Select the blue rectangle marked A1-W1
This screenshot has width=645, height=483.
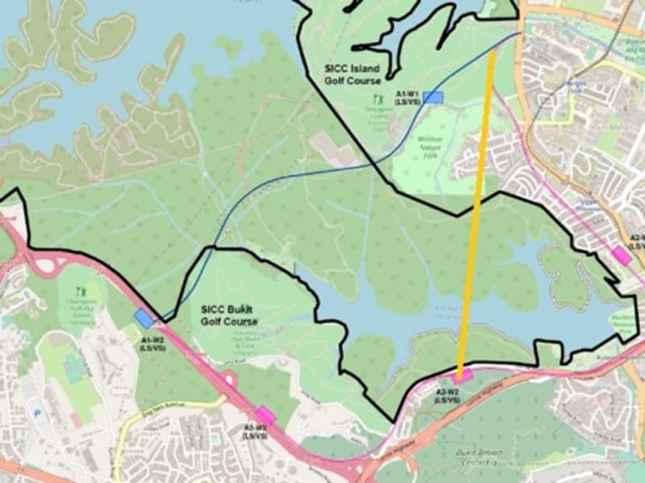tap(433, 97)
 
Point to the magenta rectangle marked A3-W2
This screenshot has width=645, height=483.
tap(464, 378)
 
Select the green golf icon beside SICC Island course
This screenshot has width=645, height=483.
tap(378, 100)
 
